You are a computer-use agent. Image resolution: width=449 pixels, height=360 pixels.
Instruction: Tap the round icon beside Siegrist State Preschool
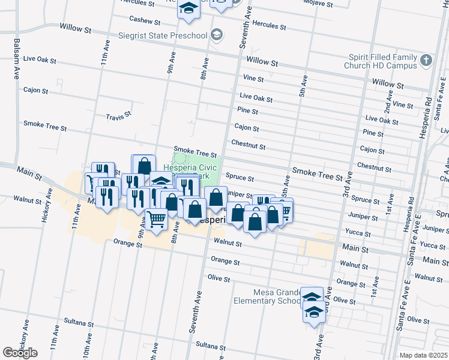tap(216, 34)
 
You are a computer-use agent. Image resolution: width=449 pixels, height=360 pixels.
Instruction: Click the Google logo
tap(20, 353)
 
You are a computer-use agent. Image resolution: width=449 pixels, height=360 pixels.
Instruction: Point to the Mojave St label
tap(318, 3)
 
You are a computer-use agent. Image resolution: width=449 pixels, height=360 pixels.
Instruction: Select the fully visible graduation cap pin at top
tap(189, 9)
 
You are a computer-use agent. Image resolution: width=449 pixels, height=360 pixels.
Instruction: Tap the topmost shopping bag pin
tap(143, 164)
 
